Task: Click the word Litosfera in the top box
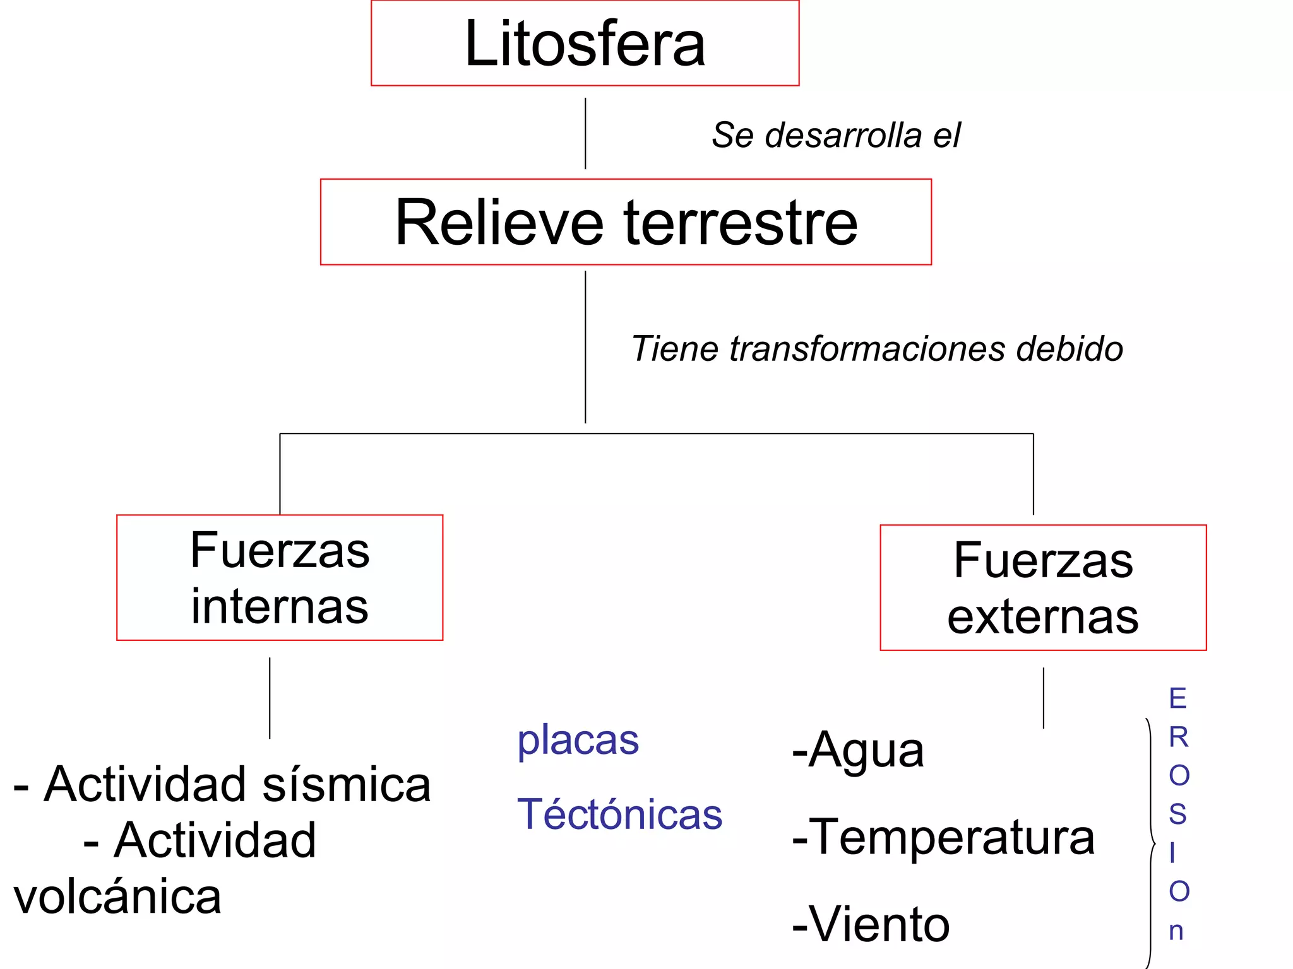click(x=585, y=44)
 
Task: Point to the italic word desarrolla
click(x=843, y=136)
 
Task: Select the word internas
click(x=280, y=607)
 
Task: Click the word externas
click(x=1043, y=617)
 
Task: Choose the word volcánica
click(x=117, y=897)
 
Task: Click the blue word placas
click(x=578, y=741)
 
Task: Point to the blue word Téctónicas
click(x=619, y=814)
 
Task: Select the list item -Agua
click(x=858, y=751)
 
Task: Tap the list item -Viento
click(x=871, y=925)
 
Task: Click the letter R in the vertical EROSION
click(x=1178, y=737)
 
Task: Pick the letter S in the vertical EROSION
click(x=1177, y=814)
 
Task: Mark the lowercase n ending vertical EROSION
click(x=1176, y=931)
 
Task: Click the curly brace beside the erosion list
click(x=1151, y=843)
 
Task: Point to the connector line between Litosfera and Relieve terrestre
click(x=585, y=133)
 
